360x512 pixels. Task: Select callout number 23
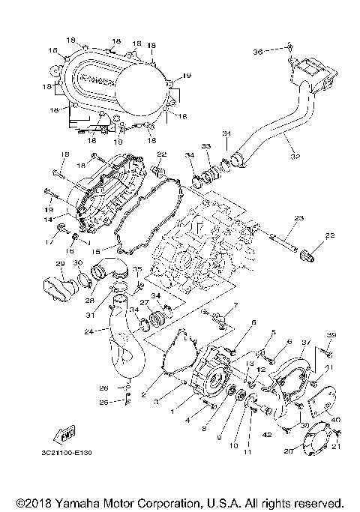[298, 218]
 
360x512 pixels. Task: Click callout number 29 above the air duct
[61, 264]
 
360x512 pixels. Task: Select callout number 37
[304, 341]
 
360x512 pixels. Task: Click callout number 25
[103, 403]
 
